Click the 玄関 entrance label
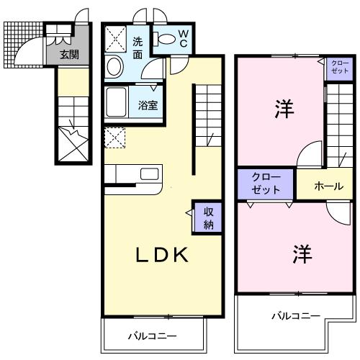pos(68,54)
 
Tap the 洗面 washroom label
pos(137,48)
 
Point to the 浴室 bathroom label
pos(149,104)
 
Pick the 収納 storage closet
pos(207,217)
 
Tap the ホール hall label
pos(328,186)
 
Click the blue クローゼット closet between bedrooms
pos(266,184)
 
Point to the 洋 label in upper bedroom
pos(282,110)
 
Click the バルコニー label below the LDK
pos(152,336)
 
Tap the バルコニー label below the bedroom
pos(295,315)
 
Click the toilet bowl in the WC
pos(166,39)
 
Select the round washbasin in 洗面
pos(114,68)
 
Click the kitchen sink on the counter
pos(150,174)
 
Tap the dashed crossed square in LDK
pos(114,136)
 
